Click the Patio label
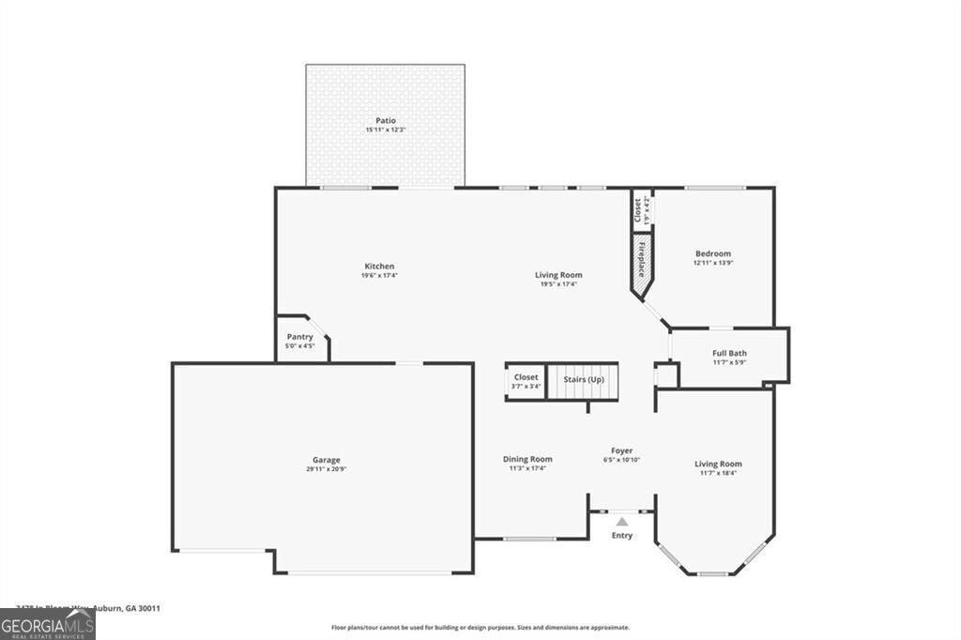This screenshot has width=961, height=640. click(385, 120)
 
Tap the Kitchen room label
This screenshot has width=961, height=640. click(379, 267)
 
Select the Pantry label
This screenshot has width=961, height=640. click(300, 337)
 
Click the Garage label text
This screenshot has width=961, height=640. click(327, 460)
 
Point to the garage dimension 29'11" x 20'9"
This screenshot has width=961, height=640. click(327, 469)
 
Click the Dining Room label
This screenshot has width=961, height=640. click(527, 459)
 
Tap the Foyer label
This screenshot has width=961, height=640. click(620, 451)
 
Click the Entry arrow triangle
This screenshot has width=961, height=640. click(621, 522)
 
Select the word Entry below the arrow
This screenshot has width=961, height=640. click(621, 536)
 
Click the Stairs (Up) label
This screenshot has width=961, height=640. click(583, 379)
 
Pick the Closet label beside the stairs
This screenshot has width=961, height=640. click(526, 377)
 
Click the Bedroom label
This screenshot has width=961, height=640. click(712, 253)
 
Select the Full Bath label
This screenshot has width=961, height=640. click(729, 353)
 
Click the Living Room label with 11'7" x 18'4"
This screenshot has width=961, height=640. click(718, 464)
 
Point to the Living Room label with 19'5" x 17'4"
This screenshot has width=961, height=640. click(558, 275)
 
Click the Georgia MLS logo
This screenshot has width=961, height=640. click(47, 624)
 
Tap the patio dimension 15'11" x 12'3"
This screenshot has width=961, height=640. click(385, 130)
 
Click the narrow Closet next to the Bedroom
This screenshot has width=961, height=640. click(637, 209)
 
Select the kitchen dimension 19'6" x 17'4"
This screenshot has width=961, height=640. click(379, 276)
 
